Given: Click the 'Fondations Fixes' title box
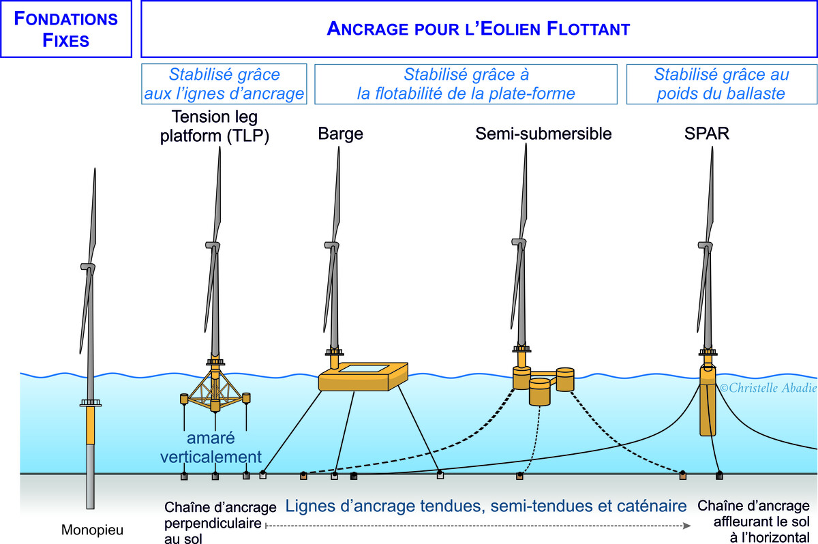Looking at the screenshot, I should pos(66,29).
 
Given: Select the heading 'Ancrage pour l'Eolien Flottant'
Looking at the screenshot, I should pos(478,29).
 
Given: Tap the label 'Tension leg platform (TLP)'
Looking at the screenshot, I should pos(215,125).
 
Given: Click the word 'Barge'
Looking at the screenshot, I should pos(340,134).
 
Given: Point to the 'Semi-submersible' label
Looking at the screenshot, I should pos(543,134).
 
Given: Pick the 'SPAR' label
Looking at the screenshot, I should pos(707,134).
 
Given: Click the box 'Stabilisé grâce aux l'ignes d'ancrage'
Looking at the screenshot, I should pos(224,84).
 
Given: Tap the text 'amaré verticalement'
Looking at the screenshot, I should pos(211,447).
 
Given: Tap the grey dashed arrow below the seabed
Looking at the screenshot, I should pos(477,526).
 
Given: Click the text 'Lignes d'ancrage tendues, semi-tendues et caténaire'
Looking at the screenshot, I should pos(485,507).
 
